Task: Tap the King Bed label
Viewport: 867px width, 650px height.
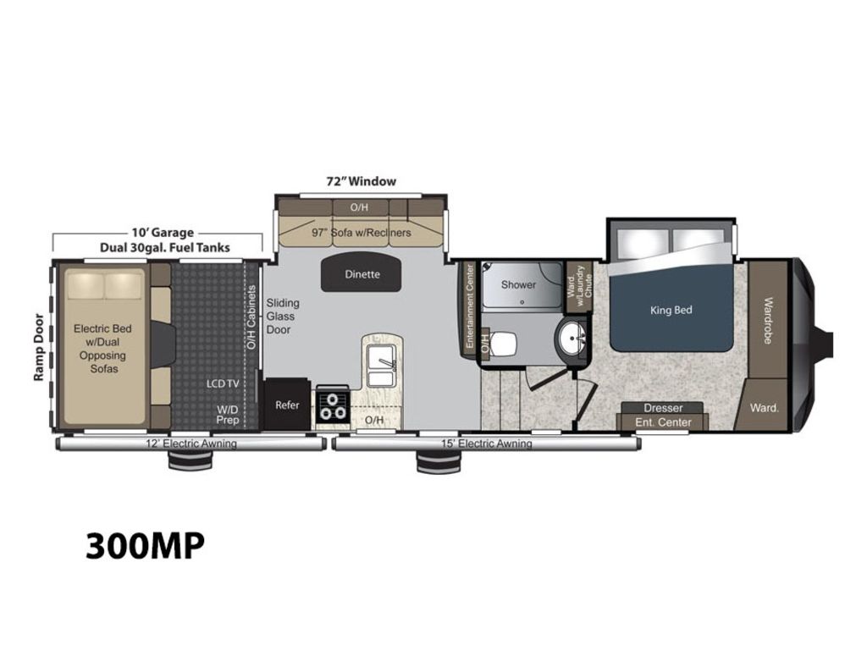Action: coord(671,310)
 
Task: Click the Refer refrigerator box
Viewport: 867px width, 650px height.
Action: coord(287,404)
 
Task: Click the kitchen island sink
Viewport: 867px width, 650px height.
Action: coord(381,366)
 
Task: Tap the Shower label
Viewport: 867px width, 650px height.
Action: coord(518,284)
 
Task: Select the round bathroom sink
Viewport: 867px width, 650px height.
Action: coord(572,337)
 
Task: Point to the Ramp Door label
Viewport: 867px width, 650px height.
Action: coord(38,347)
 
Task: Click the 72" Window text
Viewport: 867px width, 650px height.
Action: coord(361,181)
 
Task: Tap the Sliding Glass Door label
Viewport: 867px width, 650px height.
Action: coord(283,317)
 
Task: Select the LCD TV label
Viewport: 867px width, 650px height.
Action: coord(223,383)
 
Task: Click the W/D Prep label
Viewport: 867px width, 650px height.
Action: coord(227,415)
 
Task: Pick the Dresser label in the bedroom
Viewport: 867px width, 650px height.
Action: coord(663,408)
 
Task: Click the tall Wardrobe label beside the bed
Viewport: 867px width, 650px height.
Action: coord(768,320)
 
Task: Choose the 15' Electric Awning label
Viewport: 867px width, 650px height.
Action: coord(487,443)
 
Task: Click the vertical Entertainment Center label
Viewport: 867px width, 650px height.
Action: coord(470,306)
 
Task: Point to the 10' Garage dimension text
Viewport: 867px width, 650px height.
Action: coord(163,233)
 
